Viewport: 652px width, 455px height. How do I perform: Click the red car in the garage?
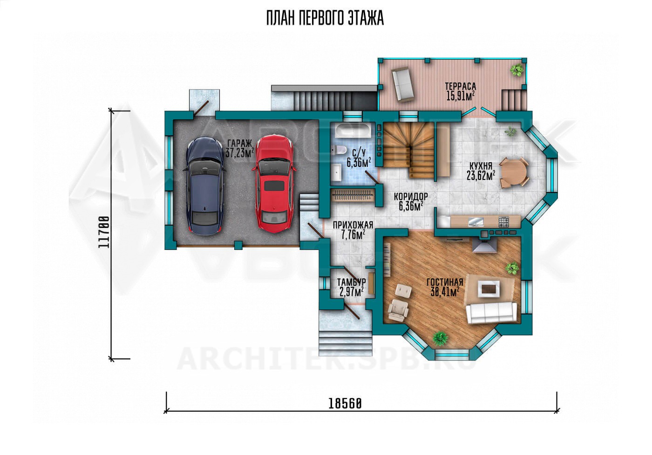[274, 184]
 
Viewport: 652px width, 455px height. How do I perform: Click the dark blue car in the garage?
[204, 186]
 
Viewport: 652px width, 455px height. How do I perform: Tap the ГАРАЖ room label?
[239, 143]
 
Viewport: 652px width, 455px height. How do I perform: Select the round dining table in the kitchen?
[514, 172]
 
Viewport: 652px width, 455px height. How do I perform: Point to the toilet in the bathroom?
[340, 150]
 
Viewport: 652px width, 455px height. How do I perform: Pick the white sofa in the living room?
[491, 313]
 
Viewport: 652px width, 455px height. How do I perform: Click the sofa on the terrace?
[403, 84]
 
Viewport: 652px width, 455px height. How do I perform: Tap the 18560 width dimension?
[345, 404]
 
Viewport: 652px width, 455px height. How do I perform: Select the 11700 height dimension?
[104, 232]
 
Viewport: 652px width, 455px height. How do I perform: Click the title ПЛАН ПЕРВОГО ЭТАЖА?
[325, 18]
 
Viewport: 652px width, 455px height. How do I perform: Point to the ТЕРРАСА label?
[461, 87]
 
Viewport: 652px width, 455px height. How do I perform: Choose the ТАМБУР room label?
[351, 282]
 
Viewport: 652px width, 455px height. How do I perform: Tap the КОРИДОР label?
[411, 197]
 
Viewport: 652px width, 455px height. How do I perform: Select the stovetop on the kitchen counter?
[503, 222]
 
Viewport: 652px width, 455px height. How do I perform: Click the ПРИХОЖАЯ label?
[353, 225]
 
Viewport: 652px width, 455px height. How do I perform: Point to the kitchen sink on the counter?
[476, 222]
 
